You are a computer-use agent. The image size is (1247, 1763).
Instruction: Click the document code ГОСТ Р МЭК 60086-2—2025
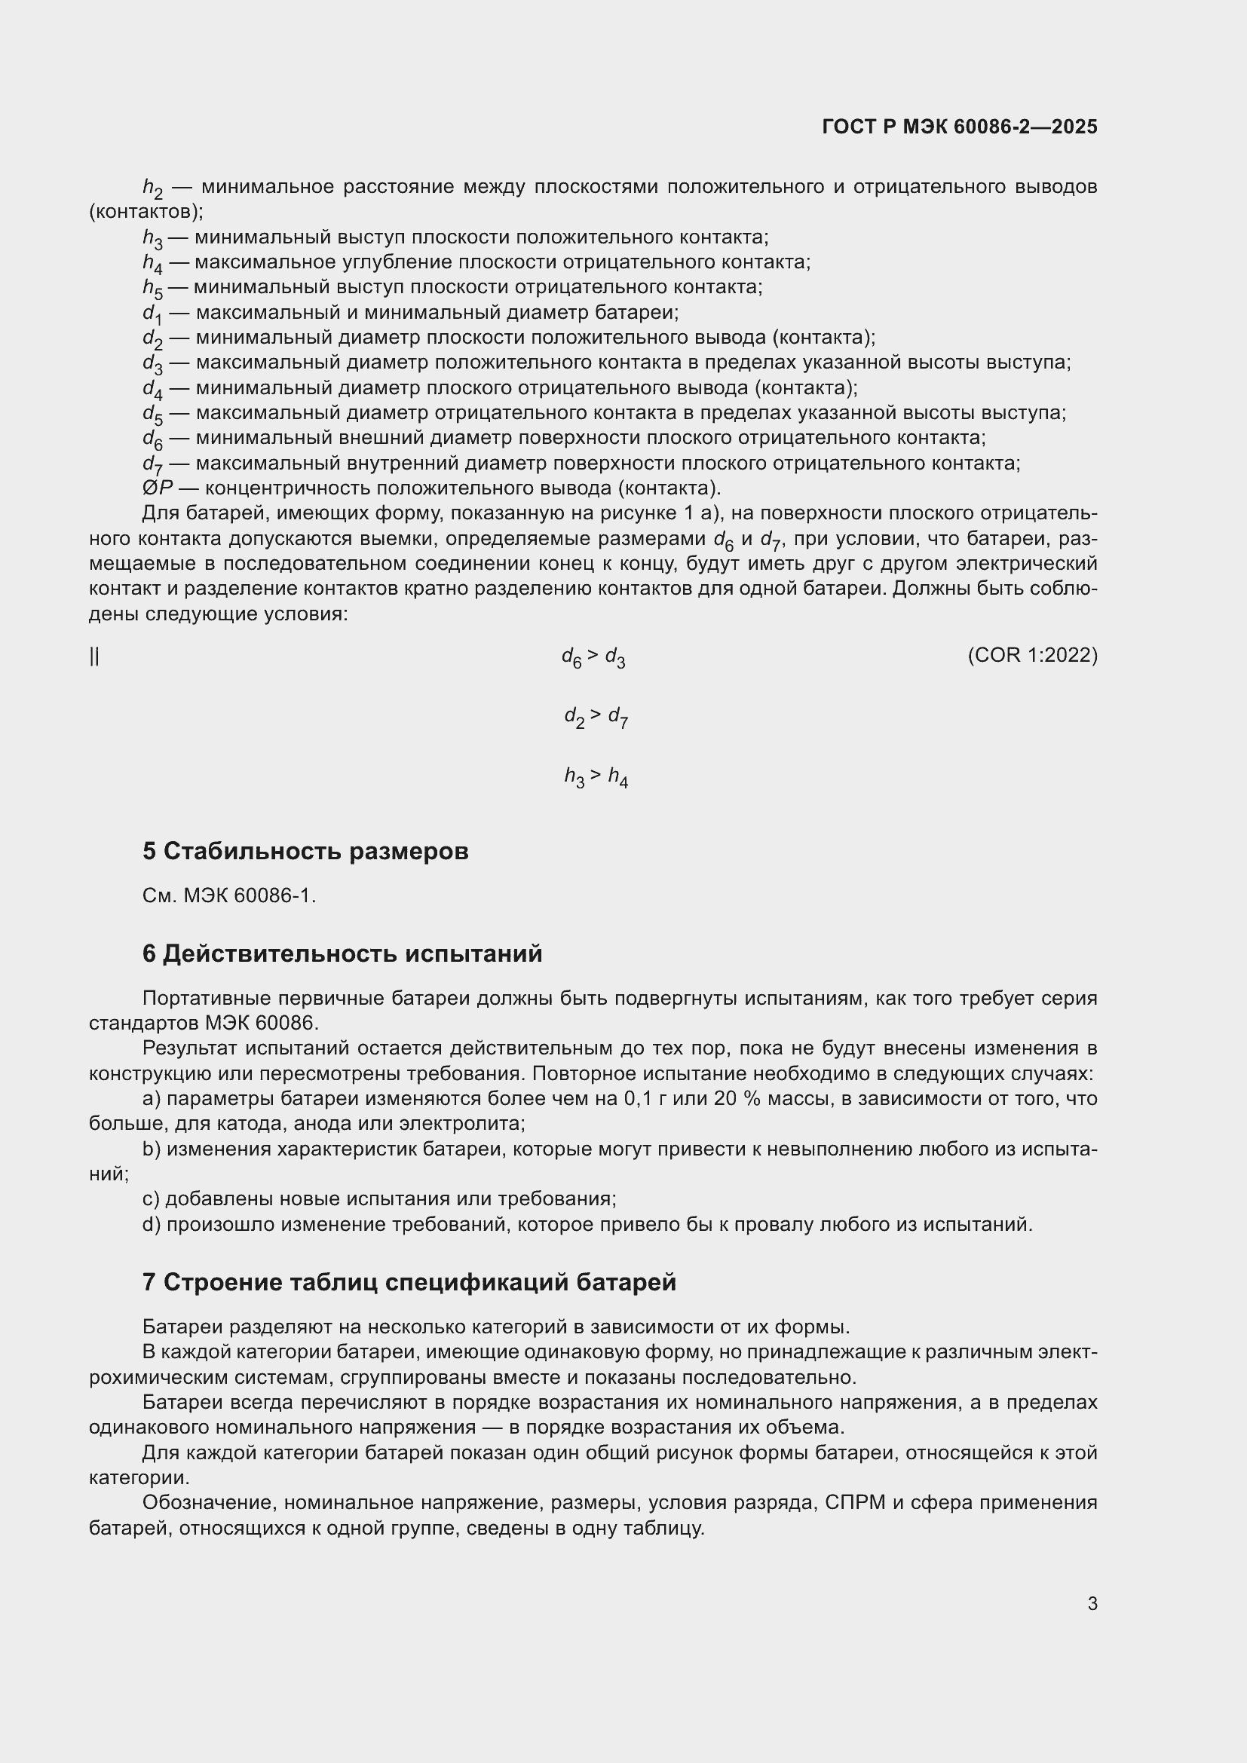click(x=959, y=127)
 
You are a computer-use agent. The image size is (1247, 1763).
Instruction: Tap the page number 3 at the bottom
click(x=1092, y=1603)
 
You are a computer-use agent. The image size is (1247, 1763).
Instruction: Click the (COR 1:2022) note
click(x=1032, y=655)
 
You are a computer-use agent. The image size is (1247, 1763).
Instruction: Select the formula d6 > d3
click(x=593, y=657)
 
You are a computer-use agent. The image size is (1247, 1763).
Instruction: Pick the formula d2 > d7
click(x=596, y=717)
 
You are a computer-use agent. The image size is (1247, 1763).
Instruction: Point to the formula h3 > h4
click(x=596, y=777)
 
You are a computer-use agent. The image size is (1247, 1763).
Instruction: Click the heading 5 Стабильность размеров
click(x=305, y=851)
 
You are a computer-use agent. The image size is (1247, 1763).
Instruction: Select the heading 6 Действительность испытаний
click(x=342, y=953)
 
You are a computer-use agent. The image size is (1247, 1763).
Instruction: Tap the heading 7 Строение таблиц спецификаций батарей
click(x=409, y=1282)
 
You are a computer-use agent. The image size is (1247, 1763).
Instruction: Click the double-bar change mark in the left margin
click(x=93, y=656)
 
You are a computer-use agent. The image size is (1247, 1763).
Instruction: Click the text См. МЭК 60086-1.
click(x=229, y=895)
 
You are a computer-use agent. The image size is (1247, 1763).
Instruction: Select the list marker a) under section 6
click(x=152, y=1099)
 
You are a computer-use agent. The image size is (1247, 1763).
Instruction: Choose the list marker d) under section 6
click(x=152, y=1224)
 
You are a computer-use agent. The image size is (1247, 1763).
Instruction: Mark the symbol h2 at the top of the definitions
click(x=152, y=188)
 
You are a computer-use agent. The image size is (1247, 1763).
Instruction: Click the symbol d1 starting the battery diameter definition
click(x=152, y=314)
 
